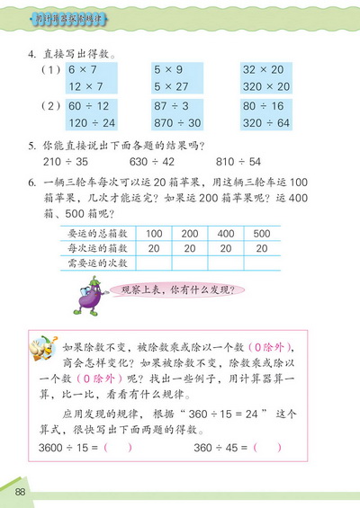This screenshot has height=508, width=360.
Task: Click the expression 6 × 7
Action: click(x=73, y=68)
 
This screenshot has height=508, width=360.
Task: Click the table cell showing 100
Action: click(x=153, y=233)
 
